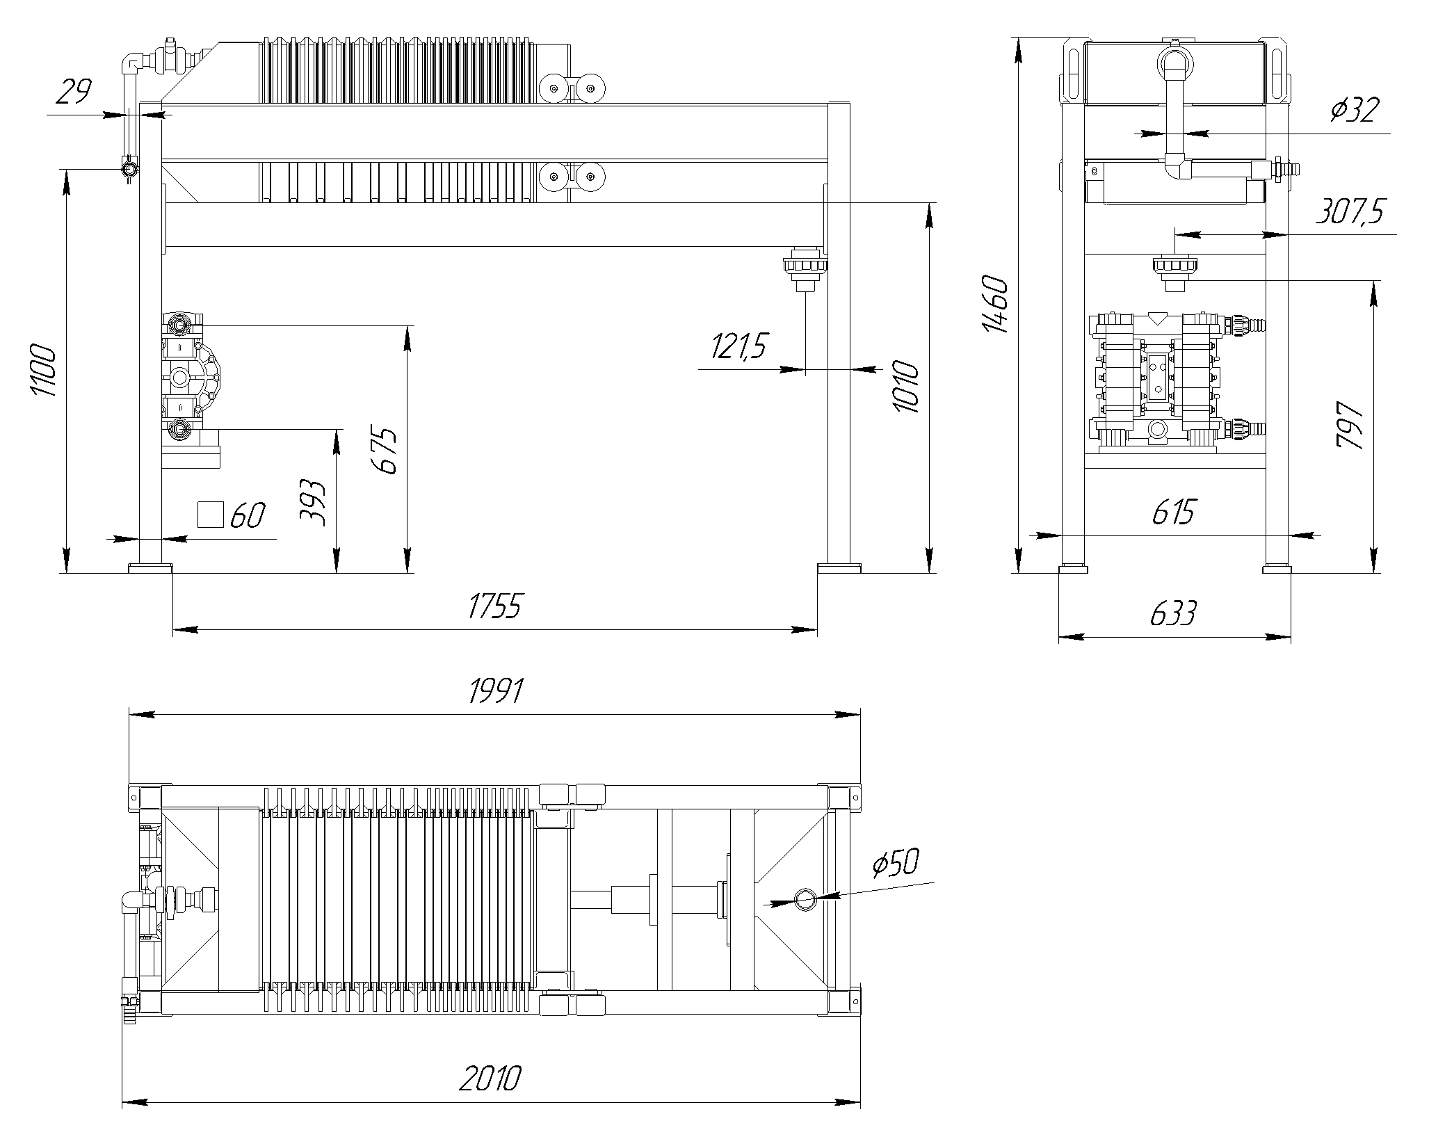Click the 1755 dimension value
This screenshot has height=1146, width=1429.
[x=494, y=606]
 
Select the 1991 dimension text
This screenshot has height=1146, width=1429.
[x=496, y=691]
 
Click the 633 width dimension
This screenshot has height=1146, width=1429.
[x=1174, y=614]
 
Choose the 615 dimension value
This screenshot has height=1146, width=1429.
[x=1173, y=513]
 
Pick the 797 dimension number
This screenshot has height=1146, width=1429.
[x=1350, y=425]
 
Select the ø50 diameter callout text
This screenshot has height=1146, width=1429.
[x=896, y=863]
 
